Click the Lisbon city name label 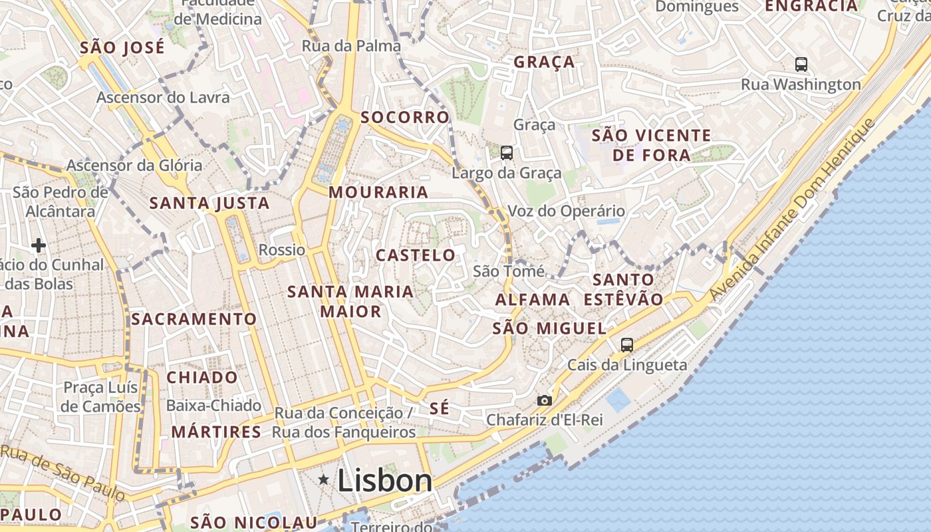point(385,480)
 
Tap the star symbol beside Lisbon point(324,479)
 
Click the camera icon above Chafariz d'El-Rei point(544,400)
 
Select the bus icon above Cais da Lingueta point(626,344)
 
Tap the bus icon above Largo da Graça point(507,153)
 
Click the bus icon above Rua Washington point(801,65)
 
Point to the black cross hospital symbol point(39,245)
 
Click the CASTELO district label point(416,255)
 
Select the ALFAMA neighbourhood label point(533,300)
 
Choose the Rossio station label point(282,250)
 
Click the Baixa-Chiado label point(213,406)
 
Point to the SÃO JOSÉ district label point(122,48)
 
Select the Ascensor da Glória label point(134,165)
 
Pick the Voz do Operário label point(566,211)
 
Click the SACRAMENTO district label point(194,319)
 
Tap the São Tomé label point(508,271)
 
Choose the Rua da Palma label point(351,46)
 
